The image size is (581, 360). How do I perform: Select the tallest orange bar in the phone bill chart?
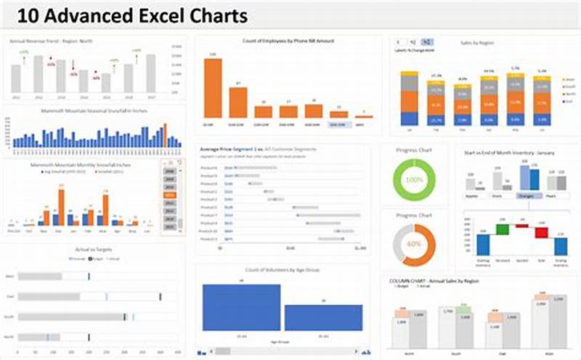pyautogui.click(x=212, y=88)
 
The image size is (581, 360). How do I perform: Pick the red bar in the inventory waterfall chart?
pyautogui.click(x=541, y=232)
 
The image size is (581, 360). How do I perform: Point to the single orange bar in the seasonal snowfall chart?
pyautogui.click(x=164, y=135)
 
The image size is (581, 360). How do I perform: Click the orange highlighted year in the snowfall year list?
pyautogui.click(x=171, y=195)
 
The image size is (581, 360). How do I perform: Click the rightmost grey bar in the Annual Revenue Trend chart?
pyautogui.click(x=150, y=73)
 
